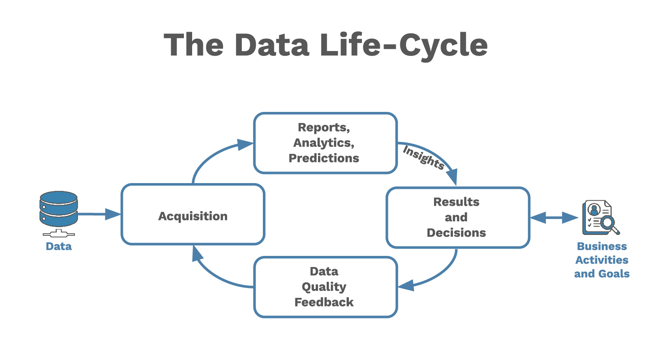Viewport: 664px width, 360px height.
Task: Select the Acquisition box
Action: pyautogui.click(x=193, y=214)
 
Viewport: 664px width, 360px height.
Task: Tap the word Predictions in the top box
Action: pyautogui.click(x=324, y=158)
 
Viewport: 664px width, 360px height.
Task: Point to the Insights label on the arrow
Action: pyautogui.click(x=423, y=157)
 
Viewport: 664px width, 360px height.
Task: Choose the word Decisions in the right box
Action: pyautogui.click(x=456, y=233)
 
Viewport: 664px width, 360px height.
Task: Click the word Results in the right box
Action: pyautogui.click(x=456, y=202)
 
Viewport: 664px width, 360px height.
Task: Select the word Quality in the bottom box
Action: pyautogui.click(x=324, y=287)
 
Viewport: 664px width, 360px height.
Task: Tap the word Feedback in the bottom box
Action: pyautogui.click(x=324, y=302)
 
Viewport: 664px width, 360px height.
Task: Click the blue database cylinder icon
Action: pyautogui.click(x=59, y=209)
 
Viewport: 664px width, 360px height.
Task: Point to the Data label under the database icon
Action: pyautogui.click(x=59, y=246)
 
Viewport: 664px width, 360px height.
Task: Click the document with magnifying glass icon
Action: pyautogui.click(x=600, y=218)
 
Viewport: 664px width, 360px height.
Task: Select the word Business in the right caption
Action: pyautogui.click(x=602, y=246)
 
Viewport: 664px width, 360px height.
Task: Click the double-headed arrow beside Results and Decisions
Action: pyautogui.click(x=554, y=218)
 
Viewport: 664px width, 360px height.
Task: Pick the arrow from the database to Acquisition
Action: pyautogui.click(x=99, y=214)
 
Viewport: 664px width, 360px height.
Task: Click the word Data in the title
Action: pyautogui.click(x=272, y=45)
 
